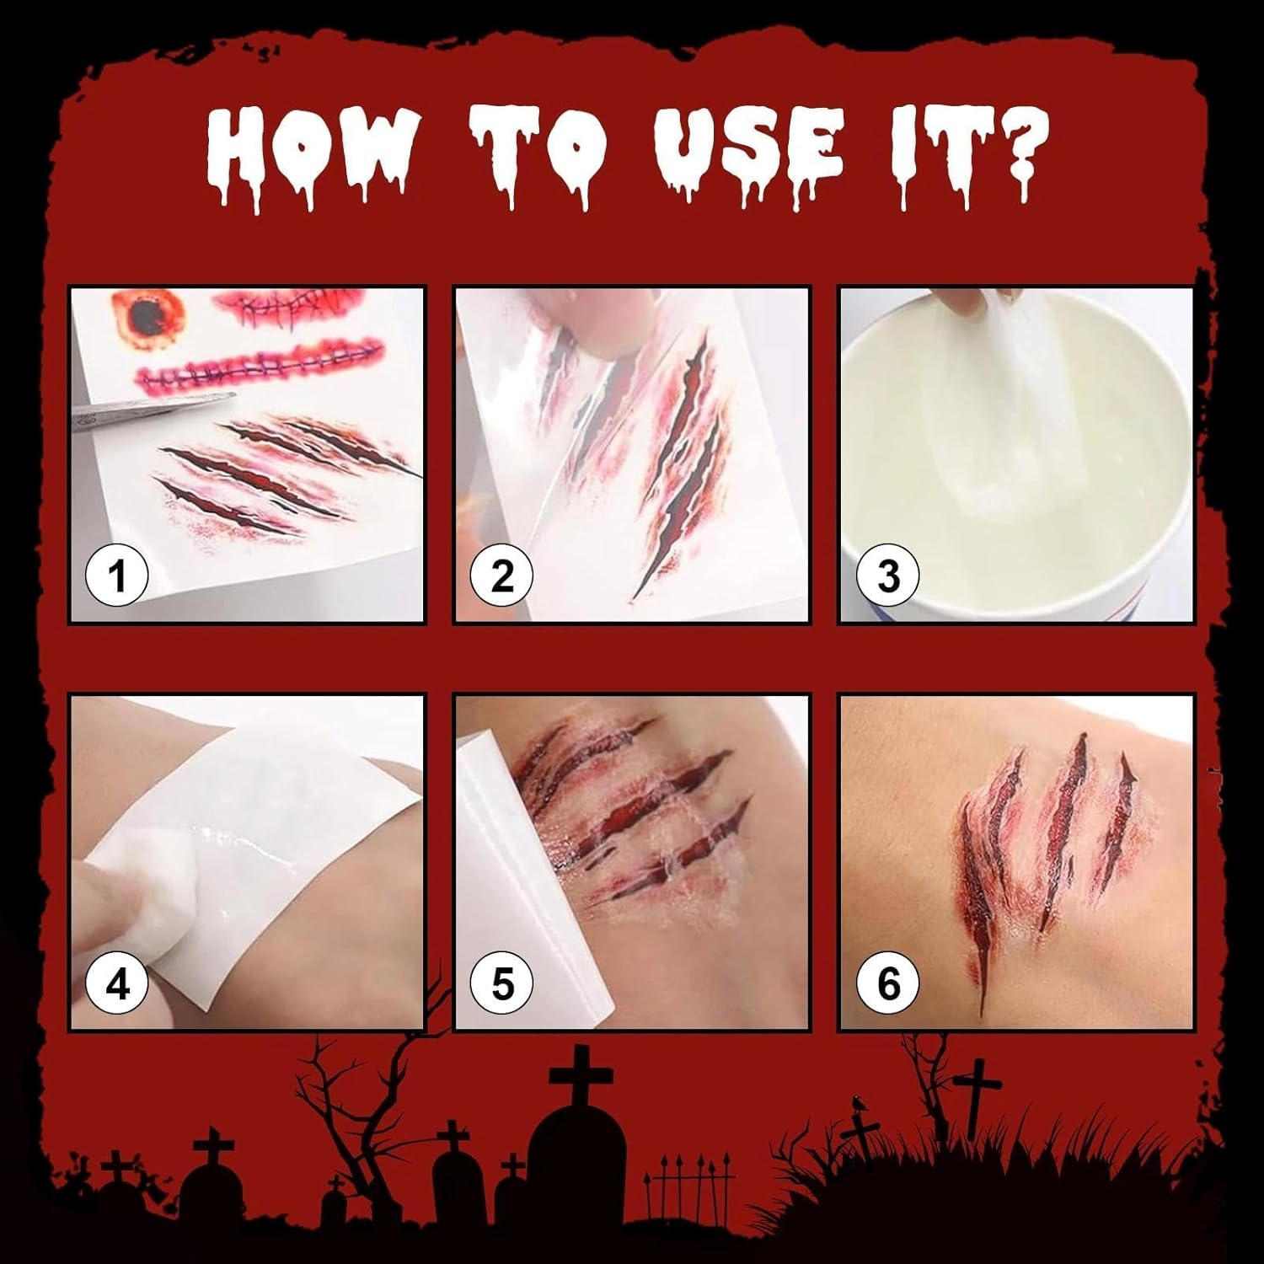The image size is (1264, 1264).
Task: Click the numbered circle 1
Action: tap(117, 576)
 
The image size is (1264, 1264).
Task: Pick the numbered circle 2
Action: tap(502, 576)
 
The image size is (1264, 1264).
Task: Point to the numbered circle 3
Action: tap(888, 576)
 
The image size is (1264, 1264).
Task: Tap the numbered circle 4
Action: tap(117, 983)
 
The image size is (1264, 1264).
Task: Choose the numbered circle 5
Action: tap(502, 983)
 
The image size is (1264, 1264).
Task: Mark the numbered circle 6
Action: tap(888, 983)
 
